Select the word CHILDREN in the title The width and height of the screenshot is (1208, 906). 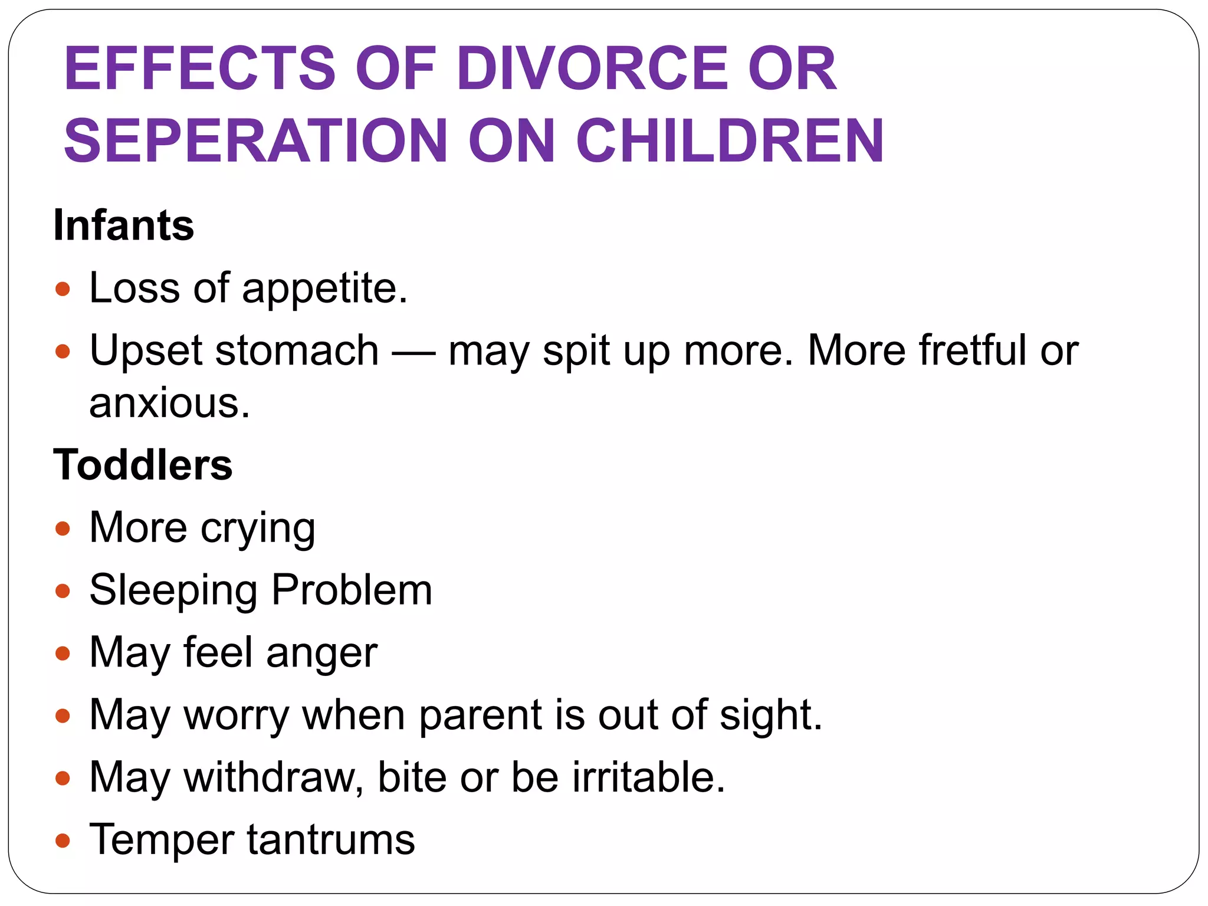tap(730, 141)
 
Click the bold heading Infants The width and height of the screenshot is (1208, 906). tap(123, 225)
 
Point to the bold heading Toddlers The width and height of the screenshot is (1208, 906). tap(143, 465)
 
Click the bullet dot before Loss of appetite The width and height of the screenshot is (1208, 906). tap(63, 290)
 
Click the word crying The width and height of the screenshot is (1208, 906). tap(258, 528)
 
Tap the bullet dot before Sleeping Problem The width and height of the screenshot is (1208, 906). tap(63, 591)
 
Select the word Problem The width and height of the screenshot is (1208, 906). tap(352, 590)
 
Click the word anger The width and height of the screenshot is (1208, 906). tap(321, 654)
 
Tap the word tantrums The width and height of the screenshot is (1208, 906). tap(330, 840)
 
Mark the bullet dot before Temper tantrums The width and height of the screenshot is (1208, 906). tap(63, 841)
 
